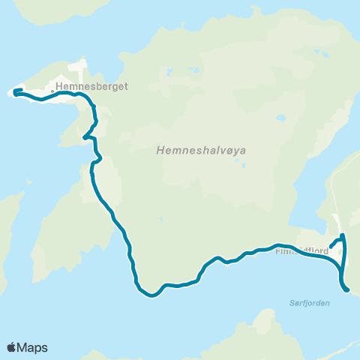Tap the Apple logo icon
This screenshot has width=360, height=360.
point(12,347)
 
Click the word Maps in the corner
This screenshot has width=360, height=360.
point(33,347)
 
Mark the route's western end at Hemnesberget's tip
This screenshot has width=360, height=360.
point(15,91)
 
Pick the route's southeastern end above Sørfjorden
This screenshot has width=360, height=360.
point(347,290)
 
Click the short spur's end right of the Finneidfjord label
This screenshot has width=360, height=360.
point(331,244)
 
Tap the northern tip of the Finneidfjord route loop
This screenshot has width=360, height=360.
point(343,235)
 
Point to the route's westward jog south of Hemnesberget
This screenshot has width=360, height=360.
point(83,137)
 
